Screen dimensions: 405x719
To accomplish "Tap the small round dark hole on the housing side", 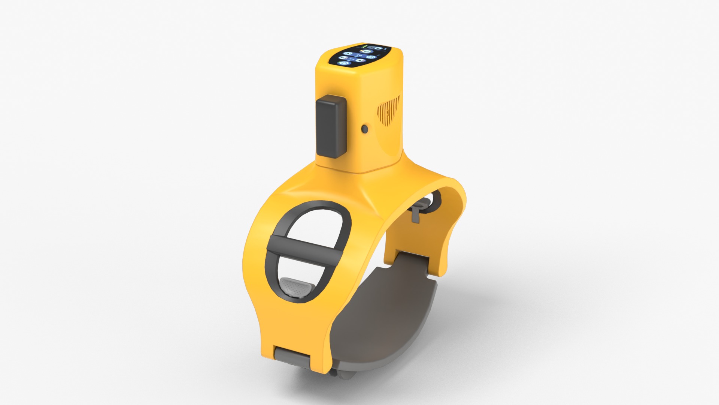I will click(x=364, y=129).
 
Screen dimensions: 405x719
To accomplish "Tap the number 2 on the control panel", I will click(x=359, y=55).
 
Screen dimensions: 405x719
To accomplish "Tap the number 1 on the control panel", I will click(x=351, y=59).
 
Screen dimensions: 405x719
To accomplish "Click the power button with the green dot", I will click(x=344, y=63).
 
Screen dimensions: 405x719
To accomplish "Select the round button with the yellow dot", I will click(x=366, y=51).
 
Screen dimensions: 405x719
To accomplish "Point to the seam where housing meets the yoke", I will click(x=359, y=171).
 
